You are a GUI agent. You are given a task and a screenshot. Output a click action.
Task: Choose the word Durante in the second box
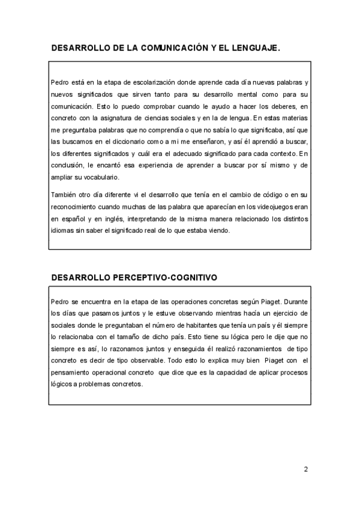pyautogui.click(x=296, y=300)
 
